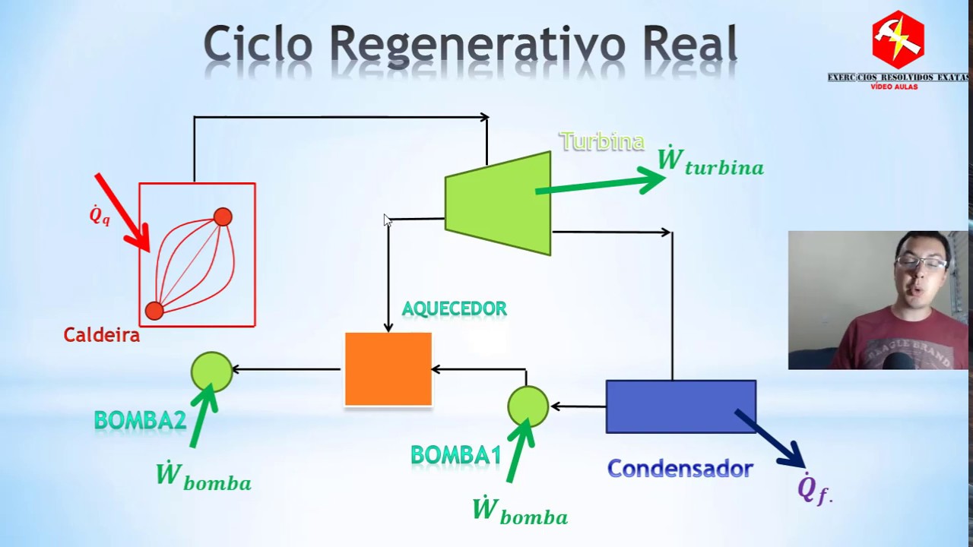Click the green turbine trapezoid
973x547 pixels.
click(x=498, y=204)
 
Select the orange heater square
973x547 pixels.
click(x=388, y=369)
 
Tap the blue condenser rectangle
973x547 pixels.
click(x=680, y=406)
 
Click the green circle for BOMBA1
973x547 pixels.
click(x=528, y=406)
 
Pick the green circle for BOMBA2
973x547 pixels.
click(x=211, y=372)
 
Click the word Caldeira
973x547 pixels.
click(x=101, y=335)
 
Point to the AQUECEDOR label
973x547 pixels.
click(x=454, y=309)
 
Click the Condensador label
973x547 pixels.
click(x=680, y=469)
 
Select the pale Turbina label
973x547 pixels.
click(x=601, y=141)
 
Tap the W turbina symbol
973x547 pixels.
click(x=710, y=162)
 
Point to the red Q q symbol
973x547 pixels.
click(x=100, y=216)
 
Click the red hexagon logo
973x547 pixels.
click(x=898, y=40)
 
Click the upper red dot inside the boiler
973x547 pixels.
click(x=223, y=217)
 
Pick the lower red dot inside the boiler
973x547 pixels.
click(x=154, y=311)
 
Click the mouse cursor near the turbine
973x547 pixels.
click(x=387, y=220)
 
